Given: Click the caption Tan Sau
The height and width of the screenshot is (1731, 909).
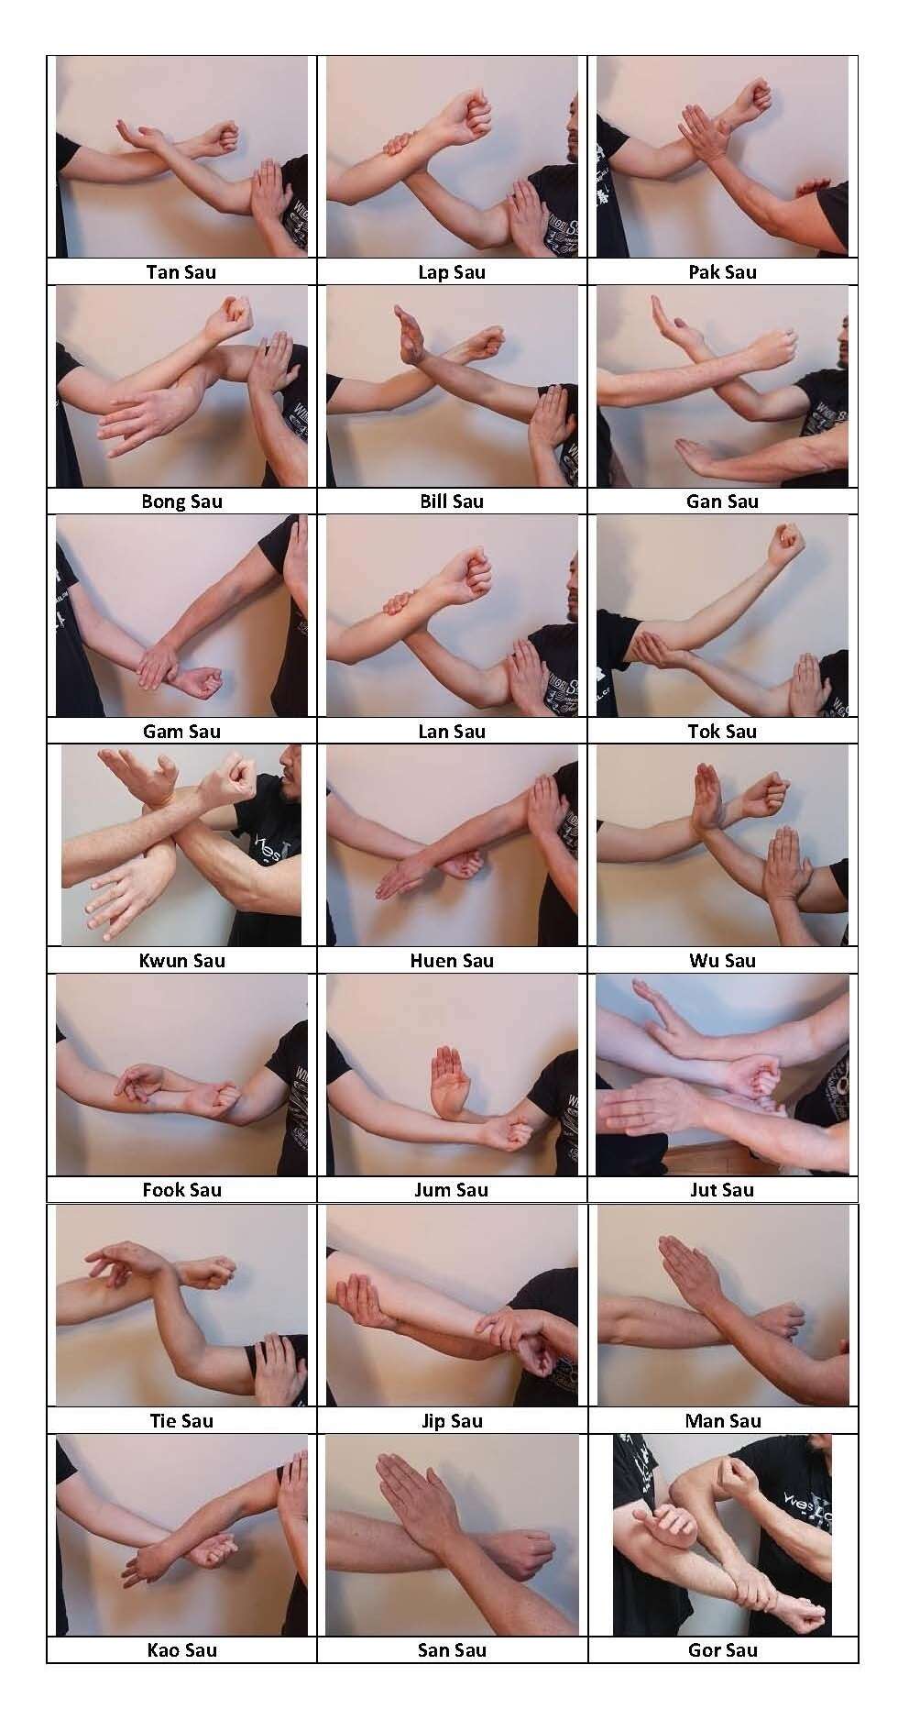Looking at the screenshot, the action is click(x=181, y=272).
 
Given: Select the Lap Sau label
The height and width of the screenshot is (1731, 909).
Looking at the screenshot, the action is click(x=452, y=272).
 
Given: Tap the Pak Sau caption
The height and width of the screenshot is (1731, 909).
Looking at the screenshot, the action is click(x=722, y=272).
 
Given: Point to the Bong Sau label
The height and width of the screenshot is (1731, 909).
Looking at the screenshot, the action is click(x=181, y=502).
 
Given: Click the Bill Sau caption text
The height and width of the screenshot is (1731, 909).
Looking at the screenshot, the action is click(x=452, y=502).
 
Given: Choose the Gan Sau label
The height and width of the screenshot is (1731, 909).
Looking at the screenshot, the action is click(x=722, y=502).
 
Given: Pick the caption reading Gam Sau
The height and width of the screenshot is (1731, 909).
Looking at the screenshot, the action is click(x=181, y=732).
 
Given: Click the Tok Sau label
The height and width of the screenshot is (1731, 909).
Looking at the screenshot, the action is click(x=722, y=732).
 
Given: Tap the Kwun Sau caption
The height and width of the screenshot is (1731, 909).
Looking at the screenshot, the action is click(x=181, y=961).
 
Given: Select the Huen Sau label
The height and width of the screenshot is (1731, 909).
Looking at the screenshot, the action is click(x=452, y=961).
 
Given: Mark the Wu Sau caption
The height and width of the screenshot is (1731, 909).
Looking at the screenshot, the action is click(x=722, y=961).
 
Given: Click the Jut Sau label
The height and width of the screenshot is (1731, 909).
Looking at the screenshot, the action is click(x=722, y=1190).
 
